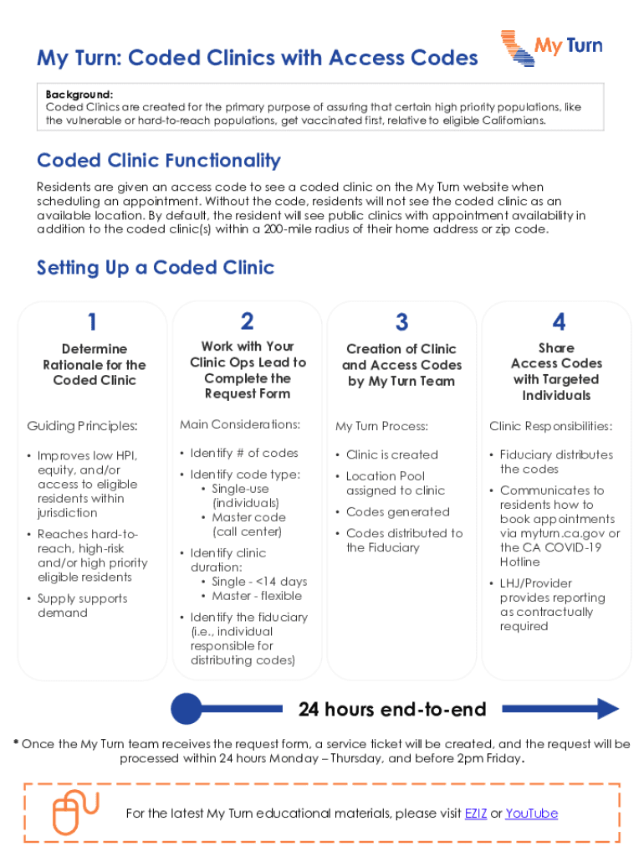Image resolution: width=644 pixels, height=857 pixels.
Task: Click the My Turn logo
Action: pyautogui.click(x=551, y=48)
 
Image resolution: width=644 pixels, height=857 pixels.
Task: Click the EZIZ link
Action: pyautogui.click(x=476, y=813)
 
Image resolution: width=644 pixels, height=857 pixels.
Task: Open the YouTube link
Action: pyautogui.click(x=531, y=813)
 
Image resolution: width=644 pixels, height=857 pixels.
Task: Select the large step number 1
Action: pyautogui.click(x=92, y=322)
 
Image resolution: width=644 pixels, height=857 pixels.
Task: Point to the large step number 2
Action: pyautogui.click(x=247, y=321)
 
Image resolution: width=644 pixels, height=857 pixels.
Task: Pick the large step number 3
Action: pyautogui.click(x=402, y=322)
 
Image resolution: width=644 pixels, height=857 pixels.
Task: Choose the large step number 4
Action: pyautogui.click(x=558, y=322)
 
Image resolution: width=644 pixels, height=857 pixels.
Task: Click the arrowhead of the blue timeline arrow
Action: pyautogui.click(x=607, y=710)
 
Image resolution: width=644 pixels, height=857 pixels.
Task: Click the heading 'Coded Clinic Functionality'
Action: pyautogui.click(x=159, y=161)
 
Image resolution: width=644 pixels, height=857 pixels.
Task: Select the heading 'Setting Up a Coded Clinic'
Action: pyautogui.click(x=156, y=268)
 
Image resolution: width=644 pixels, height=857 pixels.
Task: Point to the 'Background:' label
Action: pyautogui.click(x=79, y=95)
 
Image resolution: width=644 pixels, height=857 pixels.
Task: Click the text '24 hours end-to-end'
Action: pyautogui.click(x=392, y=710)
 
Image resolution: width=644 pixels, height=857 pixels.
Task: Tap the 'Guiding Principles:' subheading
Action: pyautogui.click(x=82, y=426)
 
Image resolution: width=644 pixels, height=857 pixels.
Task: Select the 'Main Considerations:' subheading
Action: pyautogui.click(x=239, y=424)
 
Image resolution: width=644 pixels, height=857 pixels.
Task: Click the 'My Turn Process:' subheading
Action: pyautogui.click(x=381, y=426)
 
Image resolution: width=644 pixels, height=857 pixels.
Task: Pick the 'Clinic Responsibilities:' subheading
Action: pyautogui.click(x=550, y=426)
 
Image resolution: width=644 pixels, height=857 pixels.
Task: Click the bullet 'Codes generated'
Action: pyautogui.click(x=397, y=511)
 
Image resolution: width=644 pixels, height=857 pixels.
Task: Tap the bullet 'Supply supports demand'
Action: pyautogui.click(x=82, y=606)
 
